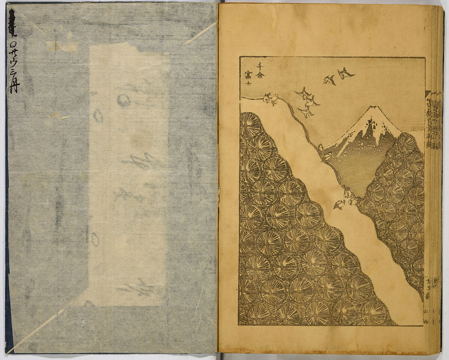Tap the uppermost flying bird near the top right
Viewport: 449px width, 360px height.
coord(345,73)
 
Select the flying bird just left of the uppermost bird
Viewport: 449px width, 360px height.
coord(330,80)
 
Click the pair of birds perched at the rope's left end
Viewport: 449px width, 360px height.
coord(271,99)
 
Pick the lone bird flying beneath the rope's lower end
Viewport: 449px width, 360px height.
coord(339,204)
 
